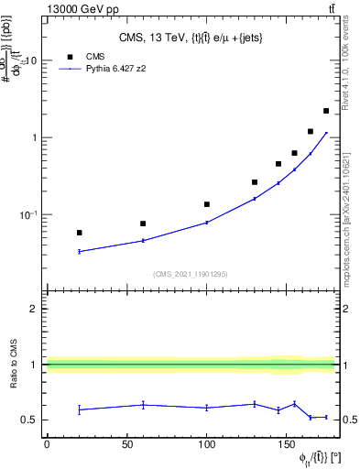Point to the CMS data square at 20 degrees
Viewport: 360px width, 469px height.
click(x=79, y=233)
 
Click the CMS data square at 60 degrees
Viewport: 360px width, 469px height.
click(x=143, y=224)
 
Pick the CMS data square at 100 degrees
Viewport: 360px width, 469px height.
click(x=207, y=204)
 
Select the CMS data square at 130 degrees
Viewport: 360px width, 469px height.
click(x=255, y=182)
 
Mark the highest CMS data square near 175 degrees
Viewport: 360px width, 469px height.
click(x=326, y=111)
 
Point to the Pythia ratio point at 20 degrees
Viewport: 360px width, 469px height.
click(x=79, y=409)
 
